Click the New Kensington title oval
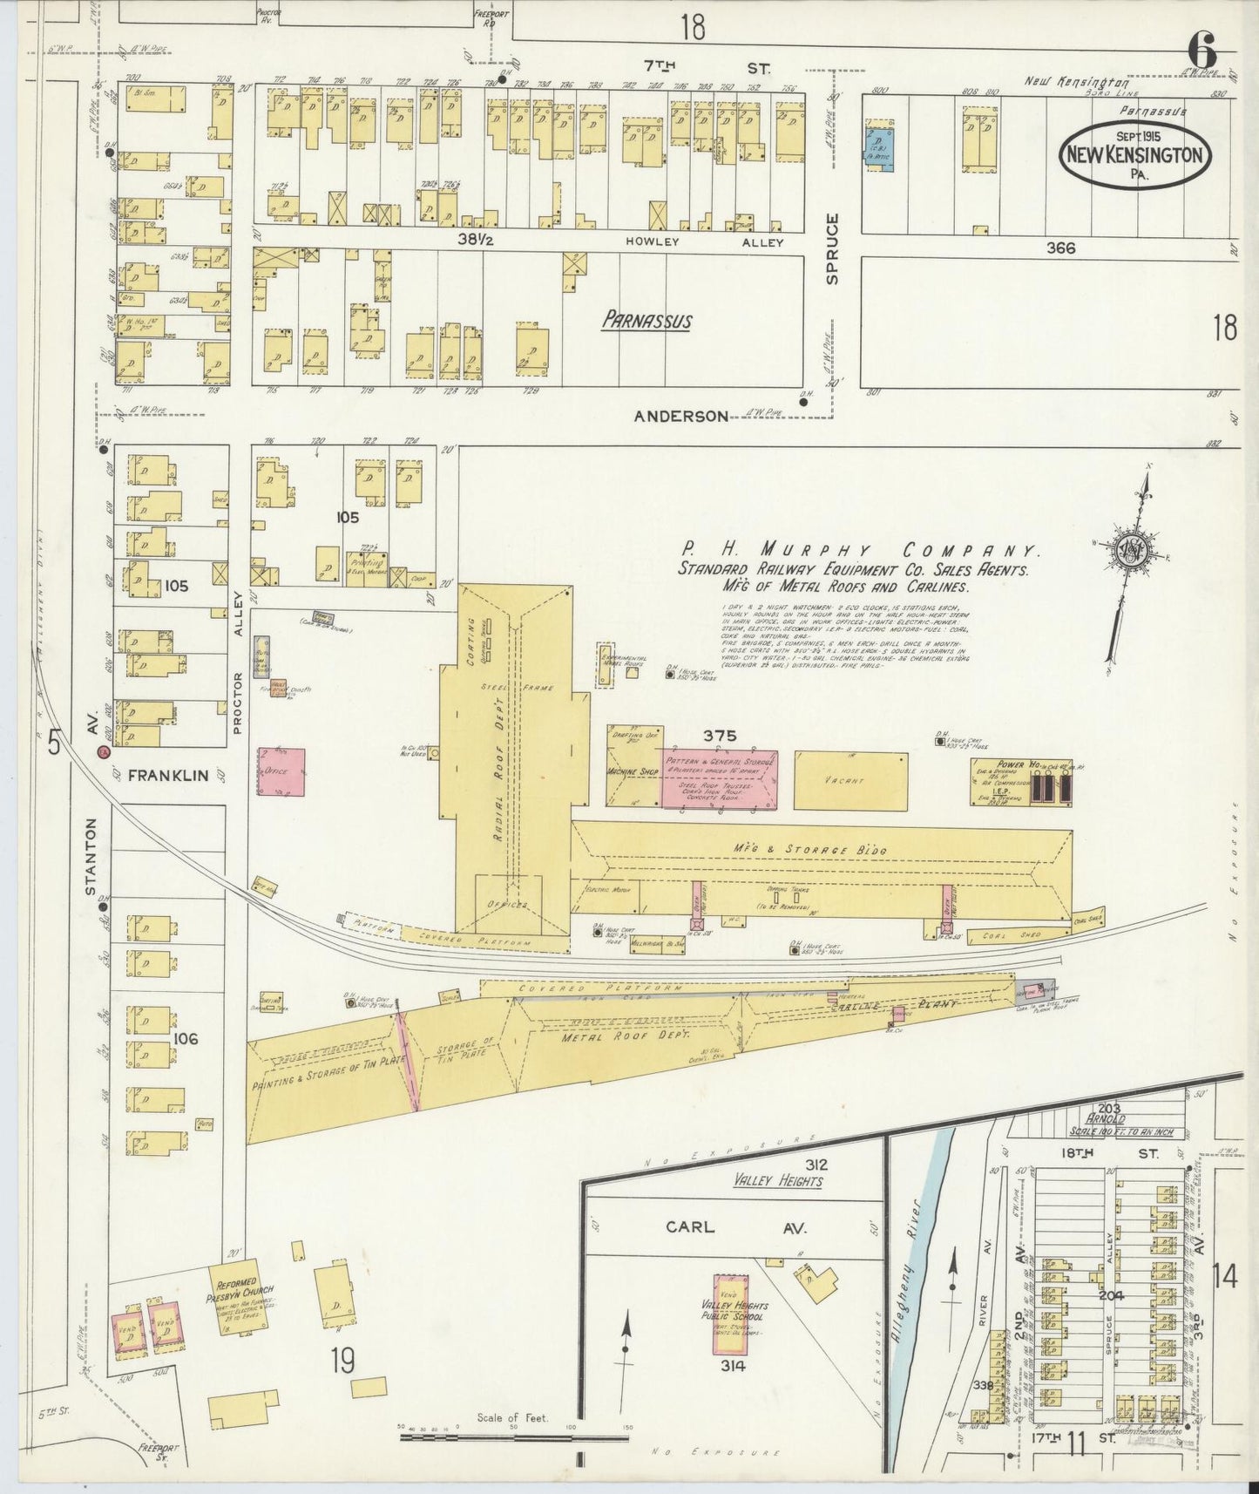[1135, 154]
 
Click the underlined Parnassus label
[646, 321]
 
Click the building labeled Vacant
[850, 780]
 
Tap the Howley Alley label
[706, 242]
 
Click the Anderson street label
[680, 417]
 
